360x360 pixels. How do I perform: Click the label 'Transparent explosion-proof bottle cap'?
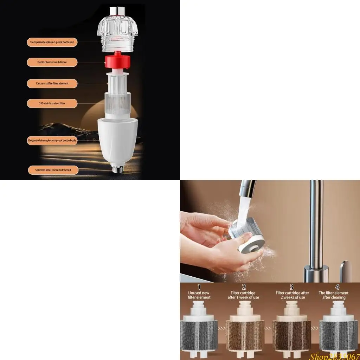[x=52, y=42]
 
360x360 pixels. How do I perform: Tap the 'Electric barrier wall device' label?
[x=52, y=62]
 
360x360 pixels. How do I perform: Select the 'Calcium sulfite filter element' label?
[x=52, y=84]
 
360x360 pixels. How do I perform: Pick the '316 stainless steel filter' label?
[x=52, y=103]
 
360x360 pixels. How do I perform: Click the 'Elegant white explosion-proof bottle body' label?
[x=52, y=141]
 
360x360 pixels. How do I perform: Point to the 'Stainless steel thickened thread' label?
[x=53, y=170]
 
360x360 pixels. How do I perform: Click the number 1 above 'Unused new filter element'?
[x=199, y=287]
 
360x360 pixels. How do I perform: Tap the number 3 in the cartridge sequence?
[x=291, y=287]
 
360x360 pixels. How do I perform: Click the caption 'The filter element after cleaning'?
[x=334, y=295]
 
